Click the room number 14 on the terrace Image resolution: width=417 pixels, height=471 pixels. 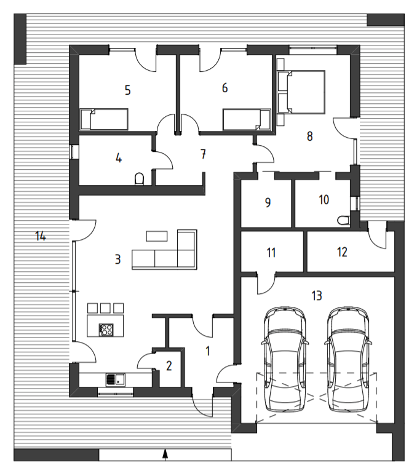pos(41,236)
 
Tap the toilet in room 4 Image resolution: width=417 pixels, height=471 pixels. pos(139,179)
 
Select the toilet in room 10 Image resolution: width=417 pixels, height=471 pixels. pos(343,220)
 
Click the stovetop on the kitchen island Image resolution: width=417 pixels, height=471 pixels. pos(106,330)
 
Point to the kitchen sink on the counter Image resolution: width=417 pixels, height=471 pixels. pos(116,379)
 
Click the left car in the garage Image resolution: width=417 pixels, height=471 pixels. pos(285,359)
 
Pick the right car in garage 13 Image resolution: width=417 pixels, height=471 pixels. pos(348,359)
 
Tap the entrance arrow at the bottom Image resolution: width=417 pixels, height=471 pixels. pos(165,454)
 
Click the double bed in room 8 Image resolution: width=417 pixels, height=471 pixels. pos(301,92)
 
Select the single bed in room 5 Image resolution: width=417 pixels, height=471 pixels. pos(104,119)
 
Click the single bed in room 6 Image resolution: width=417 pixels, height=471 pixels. pos(247,119)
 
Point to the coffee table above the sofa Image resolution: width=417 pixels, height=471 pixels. pos(157,236)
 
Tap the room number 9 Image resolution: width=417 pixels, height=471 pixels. pos(268,202)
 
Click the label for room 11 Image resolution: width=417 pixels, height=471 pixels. pos(271,253)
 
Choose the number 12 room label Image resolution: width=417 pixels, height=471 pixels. pos(342,252)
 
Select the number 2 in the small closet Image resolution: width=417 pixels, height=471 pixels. pos(169,366)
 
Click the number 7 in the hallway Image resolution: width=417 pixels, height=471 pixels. pos(204,154)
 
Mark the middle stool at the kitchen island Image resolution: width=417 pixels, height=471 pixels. pos(105,308)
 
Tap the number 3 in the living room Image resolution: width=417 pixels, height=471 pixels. pos(117,259)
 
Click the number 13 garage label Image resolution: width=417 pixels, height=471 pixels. pos(317,296)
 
